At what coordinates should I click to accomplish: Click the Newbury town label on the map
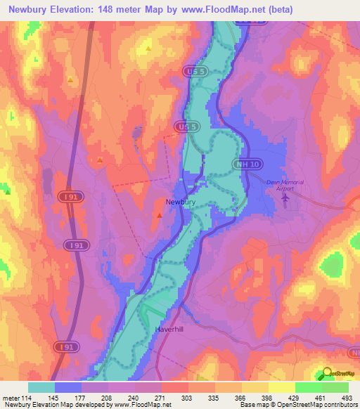pos(180,202)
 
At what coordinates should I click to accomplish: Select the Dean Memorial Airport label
pos(285,186)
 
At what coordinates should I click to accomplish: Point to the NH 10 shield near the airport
pos(243,164)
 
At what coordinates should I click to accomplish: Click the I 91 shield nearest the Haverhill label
pos(63,346)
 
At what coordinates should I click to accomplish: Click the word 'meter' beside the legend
pos(11,397)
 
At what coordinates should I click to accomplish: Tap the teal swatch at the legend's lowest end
pos(41,387)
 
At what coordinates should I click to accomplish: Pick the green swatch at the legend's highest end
pos(335,387)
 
